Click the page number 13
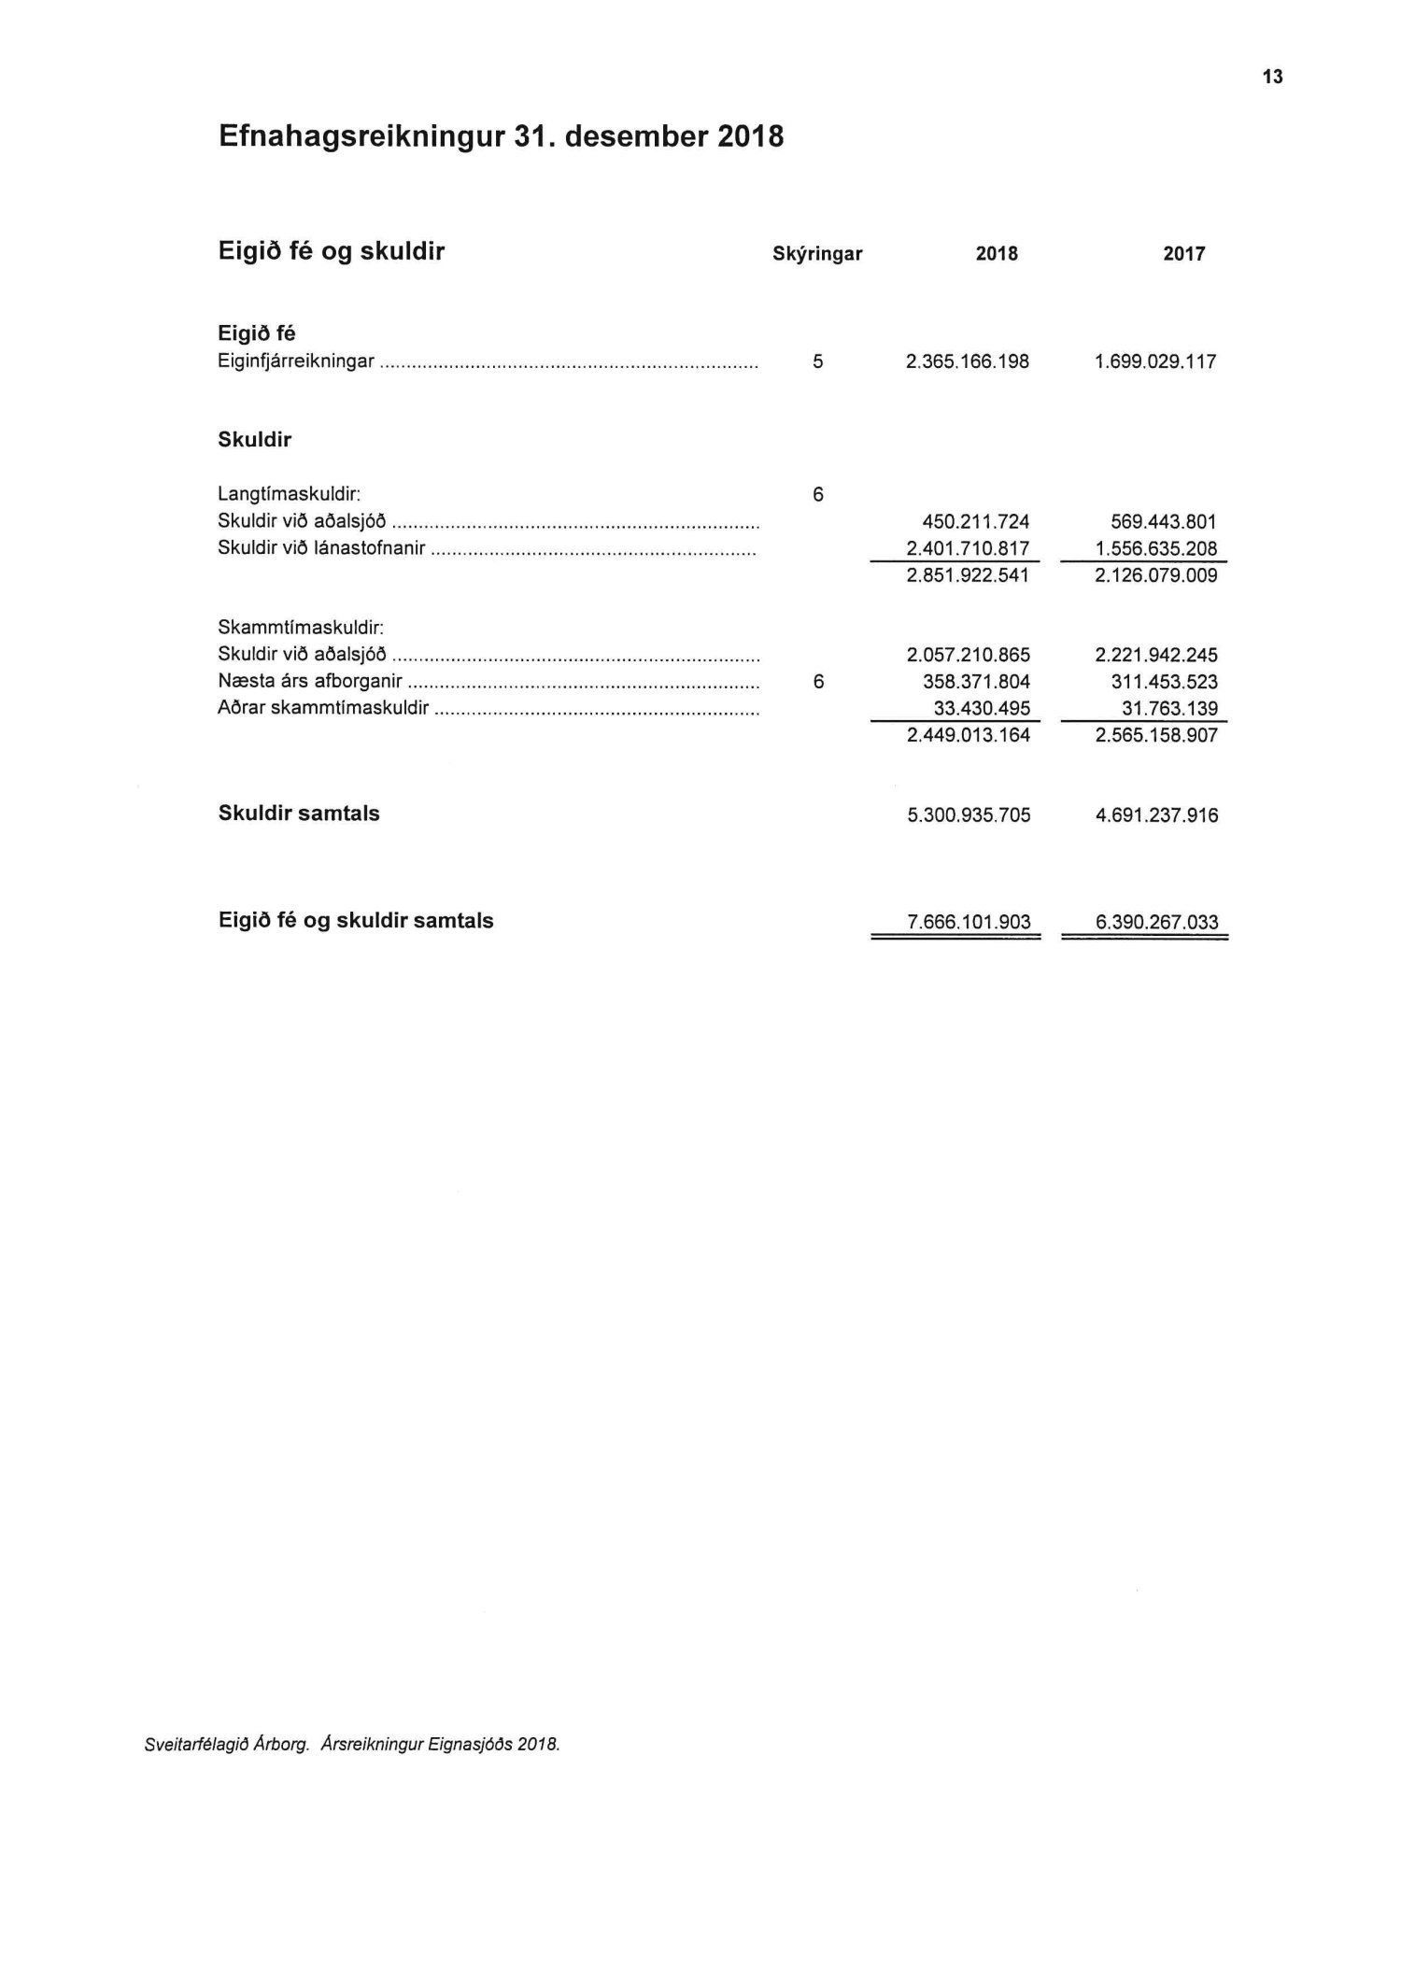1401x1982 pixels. tap(1273, 78)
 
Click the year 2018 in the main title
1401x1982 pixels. tap(750, 137)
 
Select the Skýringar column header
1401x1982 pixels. tap(817, 254)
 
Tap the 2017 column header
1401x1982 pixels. tap(1183, 254)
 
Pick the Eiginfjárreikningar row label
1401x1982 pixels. tap(296, 361)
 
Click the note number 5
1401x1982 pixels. tap(818, 361)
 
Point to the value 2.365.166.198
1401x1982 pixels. tap(968, 361)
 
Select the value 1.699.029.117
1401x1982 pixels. tap(1155, 361)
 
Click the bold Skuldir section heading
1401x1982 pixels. tap(254, 440)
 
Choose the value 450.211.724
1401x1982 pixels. tap(975, 521)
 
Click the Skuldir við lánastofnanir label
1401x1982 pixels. tap(321, 548)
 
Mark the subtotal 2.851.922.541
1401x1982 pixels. tap(968, 575)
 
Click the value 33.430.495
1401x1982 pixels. tap(982, 708)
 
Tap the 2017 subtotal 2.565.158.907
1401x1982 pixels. tap(1156, 735)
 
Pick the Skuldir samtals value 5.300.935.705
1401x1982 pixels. tap(969, 815)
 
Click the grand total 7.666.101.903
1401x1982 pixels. tap(969, 923)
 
